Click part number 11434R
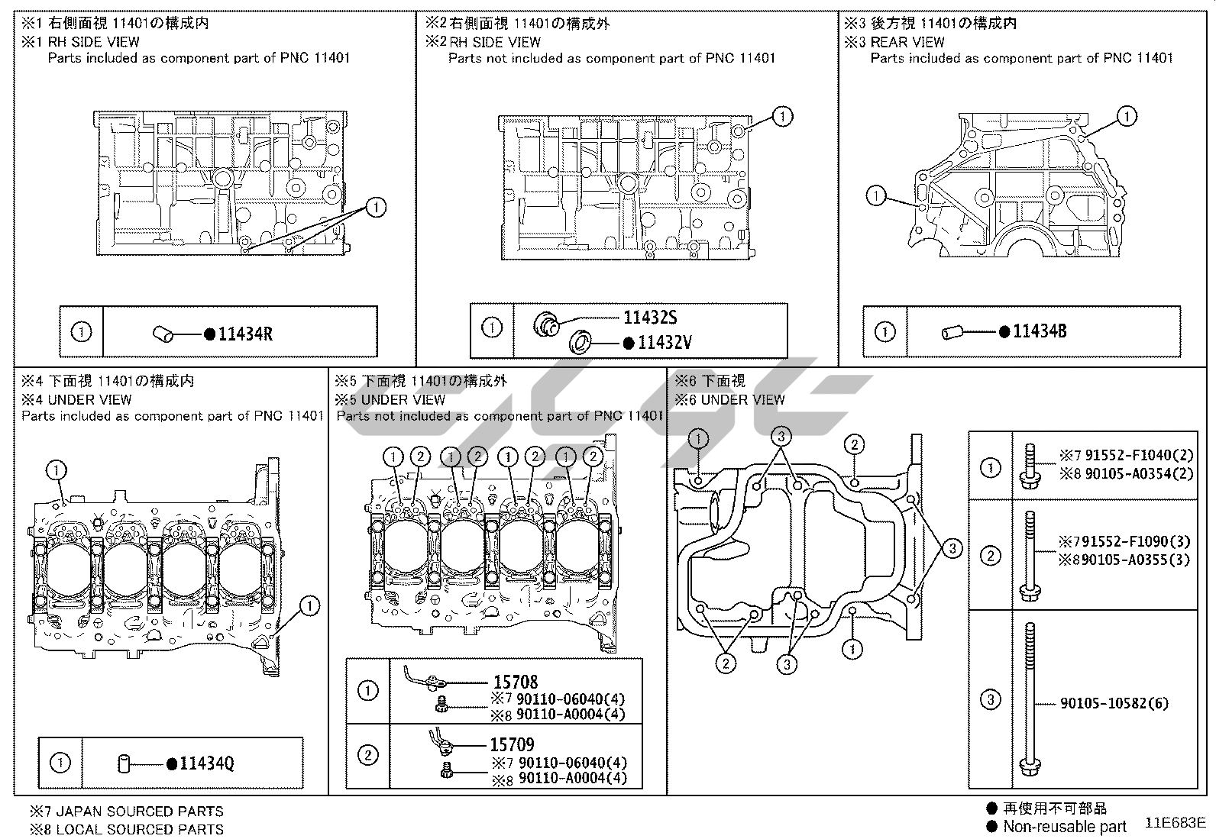245,334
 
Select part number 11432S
650,318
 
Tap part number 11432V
665,343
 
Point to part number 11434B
1040,331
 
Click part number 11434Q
207,763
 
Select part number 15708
515,682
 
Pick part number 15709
512,744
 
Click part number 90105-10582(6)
1114,704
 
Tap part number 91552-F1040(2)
1135,455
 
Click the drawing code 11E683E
1175,823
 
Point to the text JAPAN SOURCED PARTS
135,812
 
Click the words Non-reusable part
1064,826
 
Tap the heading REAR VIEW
907,42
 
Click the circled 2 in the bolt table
990,555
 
